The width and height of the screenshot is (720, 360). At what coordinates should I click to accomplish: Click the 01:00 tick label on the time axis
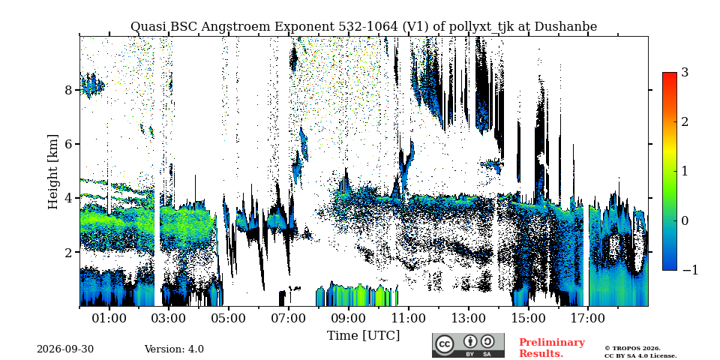(109, 318)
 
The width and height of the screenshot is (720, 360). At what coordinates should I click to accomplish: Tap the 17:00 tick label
(588, 318)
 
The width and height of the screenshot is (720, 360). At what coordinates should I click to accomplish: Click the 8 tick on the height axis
(68, 89)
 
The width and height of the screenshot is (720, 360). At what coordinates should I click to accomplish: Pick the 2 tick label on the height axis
(68, 252)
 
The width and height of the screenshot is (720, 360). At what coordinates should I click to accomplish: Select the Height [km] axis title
(53, 172)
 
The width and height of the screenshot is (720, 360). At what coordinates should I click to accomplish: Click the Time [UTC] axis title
(363, 336)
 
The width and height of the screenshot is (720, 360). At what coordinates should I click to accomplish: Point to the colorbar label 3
(685, 73)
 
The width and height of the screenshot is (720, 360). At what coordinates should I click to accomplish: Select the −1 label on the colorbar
(690, 270)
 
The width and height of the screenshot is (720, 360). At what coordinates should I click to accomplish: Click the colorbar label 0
(685, 220)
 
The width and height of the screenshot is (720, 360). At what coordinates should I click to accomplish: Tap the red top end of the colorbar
(670, 74)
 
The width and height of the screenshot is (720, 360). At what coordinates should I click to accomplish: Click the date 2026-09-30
(65, 349)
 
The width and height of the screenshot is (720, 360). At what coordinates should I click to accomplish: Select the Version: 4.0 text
(174, 349)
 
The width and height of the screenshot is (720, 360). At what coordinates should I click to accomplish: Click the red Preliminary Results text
(551, 348)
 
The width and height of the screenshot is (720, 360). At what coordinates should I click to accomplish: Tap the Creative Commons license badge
(468, 345)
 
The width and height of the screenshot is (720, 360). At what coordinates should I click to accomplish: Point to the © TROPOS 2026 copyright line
(632, 349)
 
